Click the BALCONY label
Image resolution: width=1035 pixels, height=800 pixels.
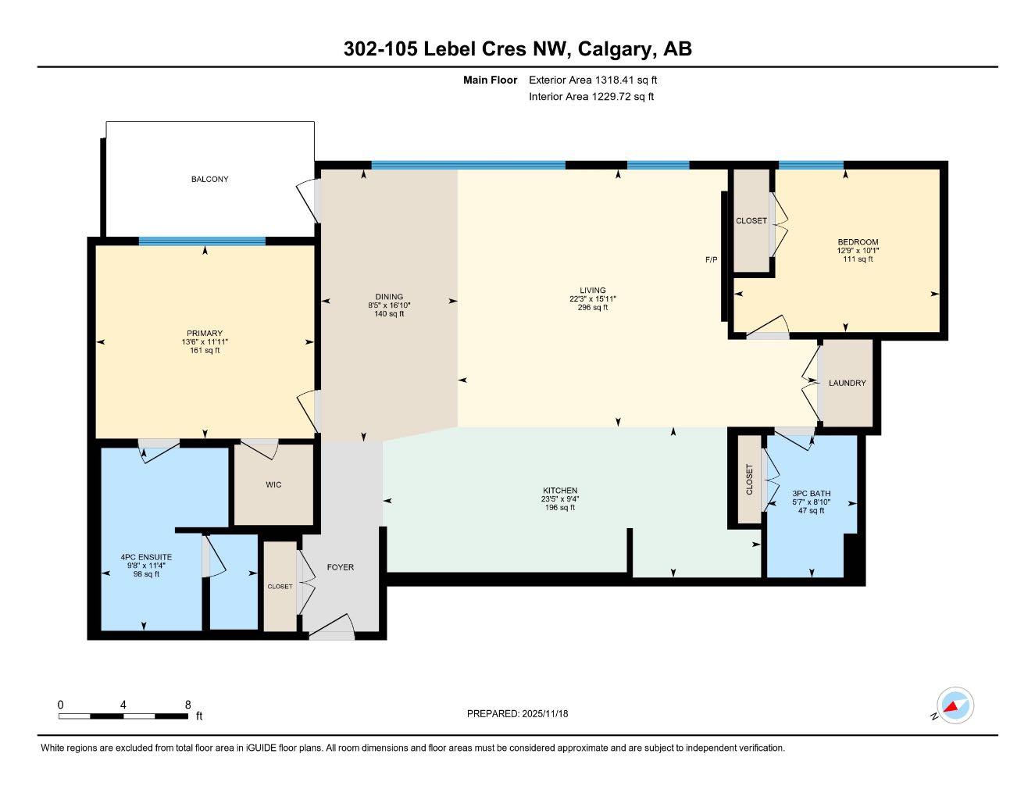pos(209,180)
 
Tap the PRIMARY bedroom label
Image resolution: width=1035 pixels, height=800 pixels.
pos(205,334)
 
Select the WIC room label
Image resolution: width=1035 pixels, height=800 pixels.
pos(273,485)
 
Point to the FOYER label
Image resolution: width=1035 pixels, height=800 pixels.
pos(340,567)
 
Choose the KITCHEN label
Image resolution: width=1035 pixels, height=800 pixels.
pos(560,491)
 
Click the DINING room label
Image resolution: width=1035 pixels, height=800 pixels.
pos(389,297)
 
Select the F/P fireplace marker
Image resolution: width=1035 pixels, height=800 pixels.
pos(711,259)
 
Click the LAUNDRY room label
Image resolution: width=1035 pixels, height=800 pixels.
pos(847,384)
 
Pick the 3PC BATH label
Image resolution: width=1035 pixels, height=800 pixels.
pos(811,494)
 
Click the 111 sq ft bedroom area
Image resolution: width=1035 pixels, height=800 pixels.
pos(858,259)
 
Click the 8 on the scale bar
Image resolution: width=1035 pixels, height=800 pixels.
pos(187,705)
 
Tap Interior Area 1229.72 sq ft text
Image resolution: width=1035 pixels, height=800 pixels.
pos(591,97)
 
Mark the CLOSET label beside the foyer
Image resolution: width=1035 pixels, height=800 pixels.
pos(280,587)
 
